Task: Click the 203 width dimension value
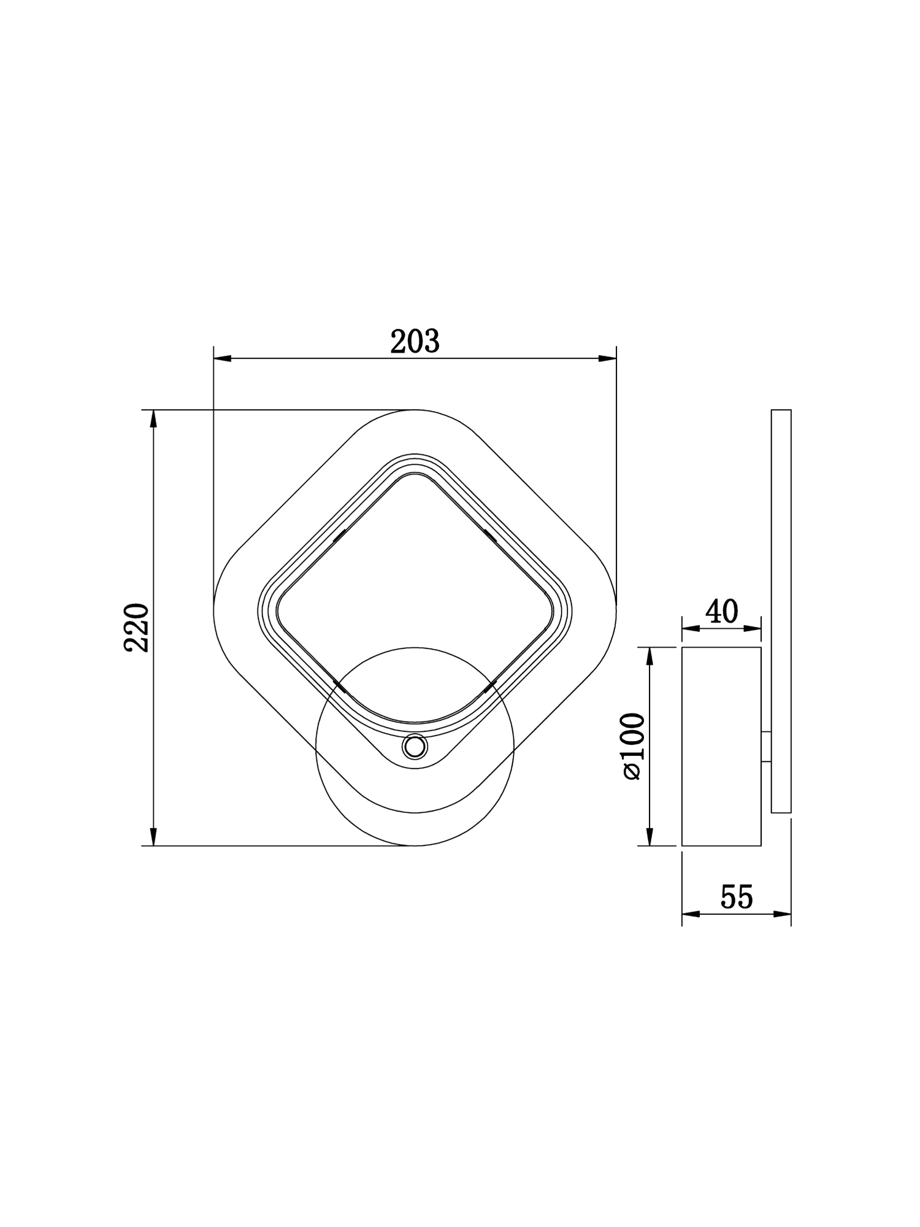pyautogui.click(x=415, y=342)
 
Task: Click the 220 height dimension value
pyautogui.click(x=137, y=628)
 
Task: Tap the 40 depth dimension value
pyautogui.click(x=721, y=612)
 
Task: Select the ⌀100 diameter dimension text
pyautogui.click(x=634, y=746)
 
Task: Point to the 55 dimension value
pyautogui.click(x=736, y=898)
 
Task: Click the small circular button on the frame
pyautogui.click(x=414, y=747)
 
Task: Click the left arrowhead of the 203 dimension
pyautogui.click(x=221, y=358)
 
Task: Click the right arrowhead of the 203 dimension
pyautogui.click(x=608, y=358)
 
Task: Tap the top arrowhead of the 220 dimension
pyautogui.click(x=153, y=418)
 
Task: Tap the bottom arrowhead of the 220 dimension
pyautogui.click(x=153, y=837)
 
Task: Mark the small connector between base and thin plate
pyautogui.click(x=766, y=747)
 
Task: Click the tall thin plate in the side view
pyautogui.click(x=781, y=611)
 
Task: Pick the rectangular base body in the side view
pyautogui.click(x=721, y=746)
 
